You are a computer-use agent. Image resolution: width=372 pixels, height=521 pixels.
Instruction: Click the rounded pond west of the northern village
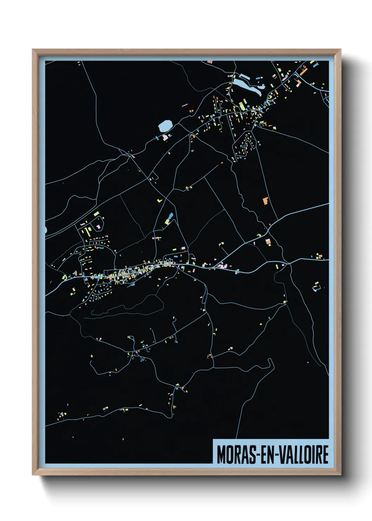click(165, 126)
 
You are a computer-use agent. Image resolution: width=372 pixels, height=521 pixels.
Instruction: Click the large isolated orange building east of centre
click(265, 201)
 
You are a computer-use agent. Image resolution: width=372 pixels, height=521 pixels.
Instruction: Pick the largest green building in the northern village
click(243, 105)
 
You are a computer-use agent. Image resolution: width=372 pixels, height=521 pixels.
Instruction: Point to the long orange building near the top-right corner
click(303, 70)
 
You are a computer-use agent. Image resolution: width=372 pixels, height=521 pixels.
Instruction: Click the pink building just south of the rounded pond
click(165, 137)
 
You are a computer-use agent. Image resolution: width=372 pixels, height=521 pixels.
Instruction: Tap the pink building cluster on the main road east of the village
click(222, 266)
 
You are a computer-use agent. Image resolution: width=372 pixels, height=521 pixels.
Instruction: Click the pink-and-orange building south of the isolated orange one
click(268, 242)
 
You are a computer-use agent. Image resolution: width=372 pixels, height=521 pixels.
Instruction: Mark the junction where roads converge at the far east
click(288, 263)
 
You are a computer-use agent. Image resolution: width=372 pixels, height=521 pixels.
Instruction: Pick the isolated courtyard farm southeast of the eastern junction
click(316, 287)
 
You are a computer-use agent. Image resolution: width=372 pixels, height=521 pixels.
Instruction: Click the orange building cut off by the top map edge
click(210, 62)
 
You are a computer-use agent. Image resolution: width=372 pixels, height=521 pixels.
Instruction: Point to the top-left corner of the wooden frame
click(33, 50)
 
